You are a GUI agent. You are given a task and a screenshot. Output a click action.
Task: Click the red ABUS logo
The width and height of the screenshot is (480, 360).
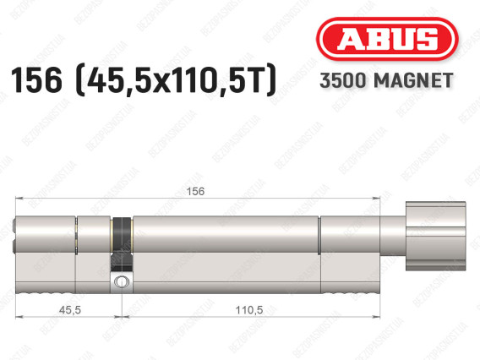pos(387,39)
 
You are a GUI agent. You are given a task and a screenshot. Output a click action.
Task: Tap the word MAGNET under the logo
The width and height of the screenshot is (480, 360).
pos(413,80)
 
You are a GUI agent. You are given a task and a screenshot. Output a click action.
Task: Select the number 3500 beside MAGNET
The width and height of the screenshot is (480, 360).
pos(343,80)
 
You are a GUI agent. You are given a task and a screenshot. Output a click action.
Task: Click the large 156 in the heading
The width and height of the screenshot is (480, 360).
pos(36,79)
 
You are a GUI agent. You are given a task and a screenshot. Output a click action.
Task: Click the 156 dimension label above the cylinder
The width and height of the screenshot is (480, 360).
pos(195,191)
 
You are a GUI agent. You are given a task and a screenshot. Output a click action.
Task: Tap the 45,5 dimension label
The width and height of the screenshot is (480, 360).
pos(70,310)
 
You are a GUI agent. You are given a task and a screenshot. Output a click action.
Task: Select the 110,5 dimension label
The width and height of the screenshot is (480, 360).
pos(249,310)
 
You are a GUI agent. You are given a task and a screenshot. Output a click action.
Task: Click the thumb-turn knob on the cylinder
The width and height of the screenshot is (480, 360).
pos(435,236)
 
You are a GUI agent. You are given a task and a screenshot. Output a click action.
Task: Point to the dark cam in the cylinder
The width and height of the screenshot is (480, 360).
pos(123,244)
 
